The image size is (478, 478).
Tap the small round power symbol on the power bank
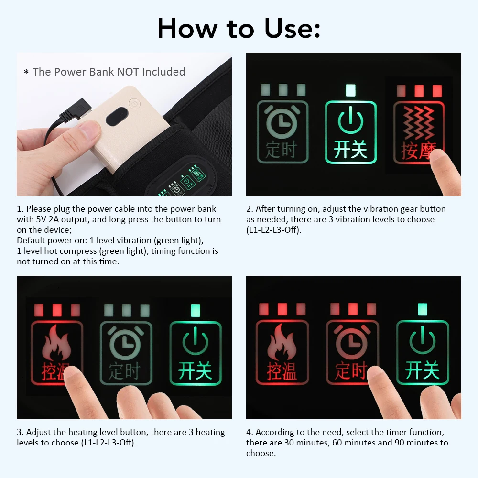click(x=134, y=103)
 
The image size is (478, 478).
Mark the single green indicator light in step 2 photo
click(x=350, y=90)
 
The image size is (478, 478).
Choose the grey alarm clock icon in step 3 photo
click(x=125, y=345)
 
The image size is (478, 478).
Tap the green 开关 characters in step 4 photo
click(x=422, y=370)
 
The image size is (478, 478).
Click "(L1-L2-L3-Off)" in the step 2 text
click(x=274, y=230)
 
